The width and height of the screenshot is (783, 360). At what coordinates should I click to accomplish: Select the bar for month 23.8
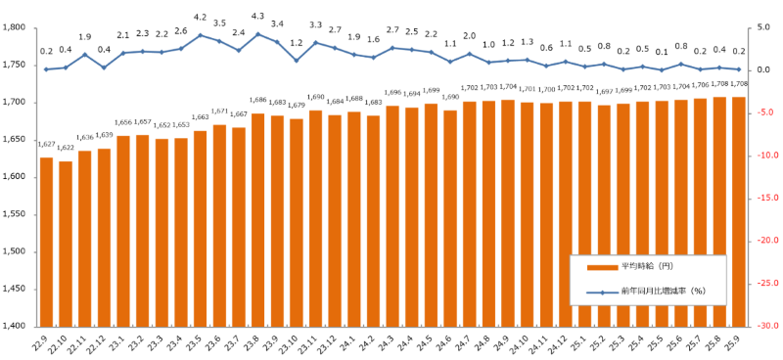(x=258, y=220)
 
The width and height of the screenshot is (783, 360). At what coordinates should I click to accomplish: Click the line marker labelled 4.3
(x=258, y=33)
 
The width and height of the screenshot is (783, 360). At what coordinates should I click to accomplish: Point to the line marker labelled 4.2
(x=201, y=35)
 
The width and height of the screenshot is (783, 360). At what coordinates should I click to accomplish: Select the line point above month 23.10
(x=297, y=61)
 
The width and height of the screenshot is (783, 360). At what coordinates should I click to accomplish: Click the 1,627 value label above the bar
(x=46, y=144)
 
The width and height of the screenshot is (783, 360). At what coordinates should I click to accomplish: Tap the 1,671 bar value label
(x=220, y=112)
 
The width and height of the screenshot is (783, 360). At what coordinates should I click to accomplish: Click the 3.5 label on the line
(x=220, y=22)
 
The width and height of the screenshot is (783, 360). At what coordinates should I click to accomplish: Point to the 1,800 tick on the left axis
(x=20, y=27)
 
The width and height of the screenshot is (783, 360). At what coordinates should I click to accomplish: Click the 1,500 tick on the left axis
(x=20, y=251)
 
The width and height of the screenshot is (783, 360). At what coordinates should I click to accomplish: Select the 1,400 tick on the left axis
(x=20, y=326)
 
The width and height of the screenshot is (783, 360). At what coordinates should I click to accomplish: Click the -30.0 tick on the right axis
(x=764, y=326)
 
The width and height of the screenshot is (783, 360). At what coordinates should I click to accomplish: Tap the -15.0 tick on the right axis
(x=764, y=198)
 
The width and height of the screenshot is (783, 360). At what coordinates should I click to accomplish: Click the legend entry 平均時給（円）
(x=647, y=266)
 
